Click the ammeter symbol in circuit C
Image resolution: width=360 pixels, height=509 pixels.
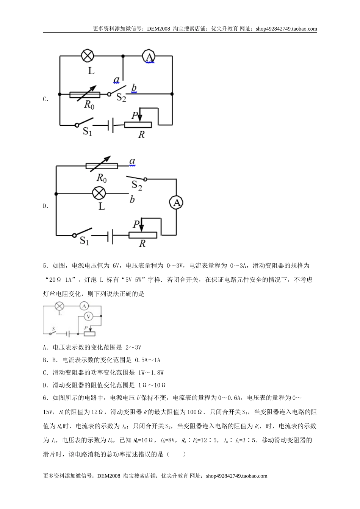150,56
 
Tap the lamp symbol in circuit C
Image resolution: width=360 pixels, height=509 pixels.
88,56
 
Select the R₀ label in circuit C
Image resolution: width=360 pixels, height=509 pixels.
89,105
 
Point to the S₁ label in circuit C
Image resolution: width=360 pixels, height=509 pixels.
88,132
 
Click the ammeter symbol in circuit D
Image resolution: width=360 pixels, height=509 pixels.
176,203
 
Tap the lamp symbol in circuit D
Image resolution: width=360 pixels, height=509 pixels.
100,194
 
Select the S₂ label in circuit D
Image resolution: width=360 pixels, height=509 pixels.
136,186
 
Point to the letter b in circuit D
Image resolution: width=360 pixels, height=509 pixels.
132,200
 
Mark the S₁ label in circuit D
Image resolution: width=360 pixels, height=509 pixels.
85,240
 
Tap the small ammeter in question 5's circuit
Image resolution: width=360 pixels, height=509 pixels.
85,306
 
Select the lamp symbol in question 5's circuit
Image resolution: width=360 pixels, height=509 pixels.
59,306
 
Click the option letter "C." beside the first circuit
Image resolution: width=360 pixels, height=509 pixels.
45,99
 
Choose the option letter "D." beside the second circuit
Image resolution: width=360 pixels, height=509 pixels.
45,206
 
